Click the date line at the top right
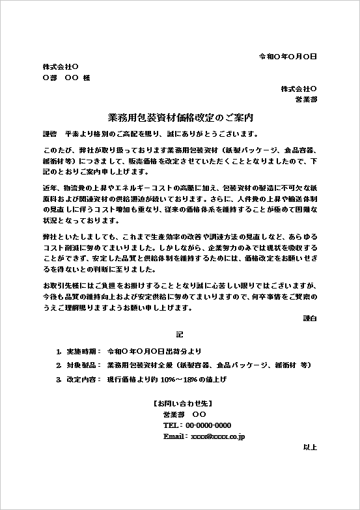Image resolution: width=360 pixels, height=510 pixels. click(288, 56)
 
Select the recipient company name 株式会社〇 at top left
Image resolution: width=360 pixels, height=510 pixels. click(61, 67)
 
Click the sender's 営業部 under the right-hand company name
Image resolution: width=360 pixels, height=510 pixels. click(306, 100)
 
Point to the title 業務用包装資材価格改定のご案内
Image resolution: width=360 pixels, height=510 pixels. click(180, 119)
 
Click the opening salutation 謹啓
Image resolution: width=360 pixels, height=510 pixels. click(49, 134)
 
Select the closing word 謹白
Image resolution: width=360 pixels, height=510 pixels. click(310, 318)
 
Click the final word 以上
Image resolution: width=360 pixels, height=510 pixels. click(310, 447)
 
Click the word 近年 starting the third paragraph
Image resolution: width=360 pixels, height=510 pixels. click(49, 188)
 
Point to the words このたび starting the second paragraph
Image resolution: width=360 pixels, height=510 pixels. click(55, 149)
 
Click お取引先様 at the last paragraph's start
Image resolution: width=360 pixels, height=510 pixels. click(60, 285)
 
